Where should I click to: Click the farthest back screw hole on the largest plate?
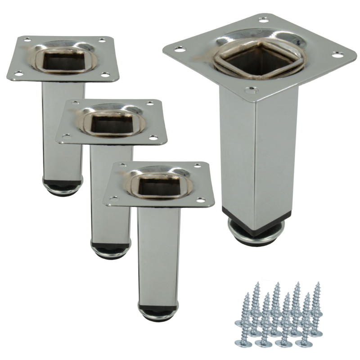click(263, 19)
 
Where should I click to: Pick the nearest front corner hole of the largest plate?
click(247, 90)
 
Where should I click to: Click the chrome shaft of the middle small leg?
click(110, 193)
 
